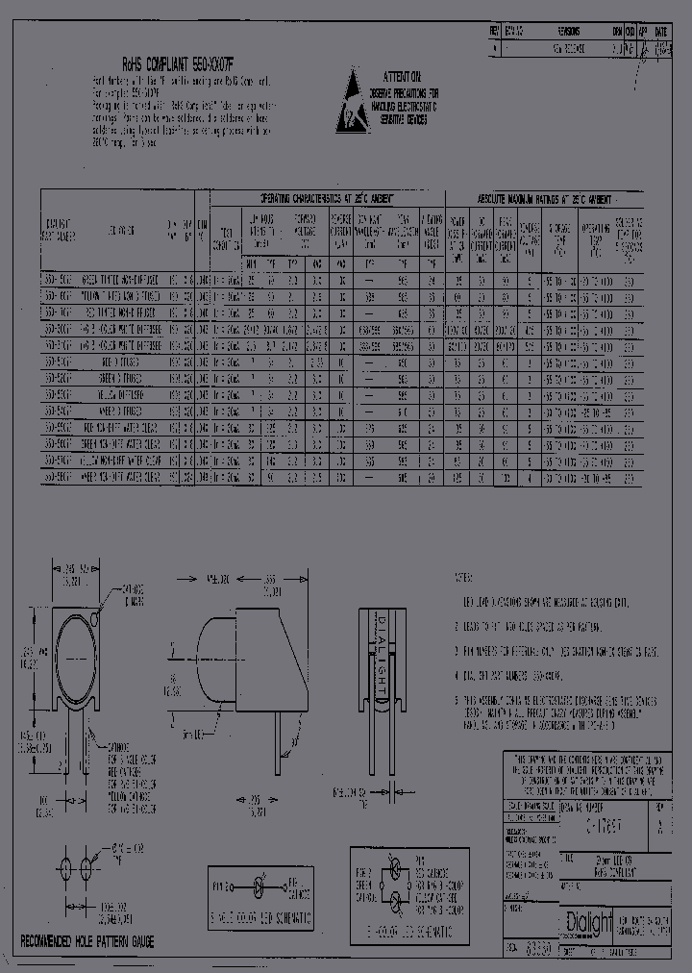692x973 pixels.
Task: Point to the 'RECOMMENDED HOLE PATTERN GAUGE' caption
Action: [x=87, y=940]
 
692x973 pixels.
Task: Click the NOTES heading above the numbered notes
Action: [x=465, y=579]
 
